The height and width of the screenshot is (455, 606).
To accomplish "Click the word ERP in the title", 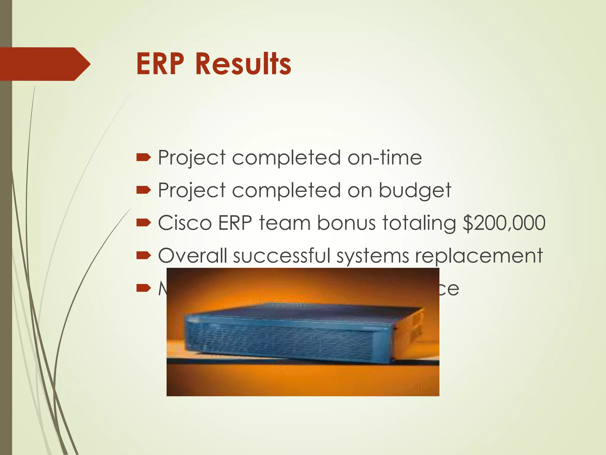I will click(160, 64).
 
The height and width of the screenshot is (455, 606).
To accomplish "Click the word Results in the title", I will click(243, 64).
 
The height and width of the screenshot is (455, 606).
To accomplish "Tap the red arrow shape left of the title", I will click(44, 64).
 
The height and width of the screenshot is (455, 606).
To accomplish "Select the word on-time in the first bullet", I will click(385, 158).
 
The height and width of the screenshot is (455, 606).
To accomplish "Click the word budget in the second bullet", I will click(415, 190).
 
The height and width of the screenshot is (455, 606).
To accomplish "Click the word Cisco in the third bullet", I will click(185, 223).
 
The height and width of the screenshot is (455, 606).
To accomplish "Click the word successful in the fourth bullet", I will click(281, 255).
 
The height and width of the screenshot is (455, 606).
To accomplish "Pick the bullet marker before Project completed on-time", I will click(144, 158).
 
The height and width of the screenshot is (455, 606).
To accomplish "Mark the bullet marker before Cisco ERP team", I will click(144, 223).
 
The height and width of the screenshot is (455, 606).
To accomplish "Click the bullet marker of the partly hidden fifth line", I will click(144, 288).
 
